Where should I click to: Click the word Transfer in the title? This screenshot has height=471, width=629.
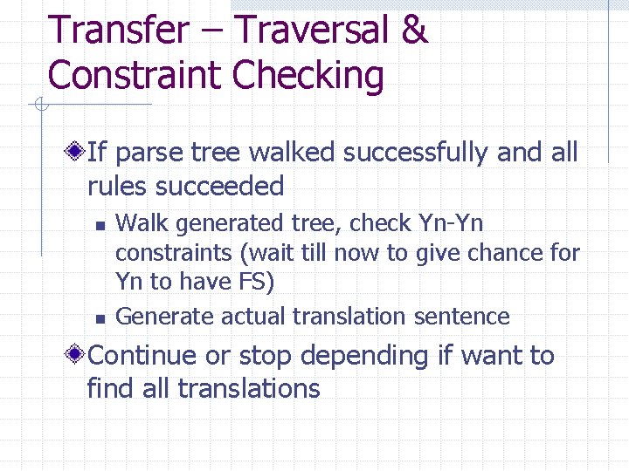117,31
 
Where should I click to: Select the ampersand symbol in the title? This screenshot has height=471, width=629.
414,31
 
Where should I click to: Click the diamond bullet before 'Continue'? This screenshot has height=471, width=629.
78,356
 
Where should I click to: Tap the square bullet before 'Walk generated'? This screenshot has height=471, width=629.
100,226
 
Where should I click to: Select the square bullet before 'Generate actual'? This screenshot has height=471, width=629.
100,317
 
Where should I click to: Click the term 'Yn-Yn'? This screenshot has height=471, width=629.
451,223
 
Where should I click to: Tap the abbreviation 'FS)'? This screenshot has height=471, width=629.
256,283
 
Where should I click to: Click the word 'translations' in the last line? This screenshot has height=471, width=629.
249,388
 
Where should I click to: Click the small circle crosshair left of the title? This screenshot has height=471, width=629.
40,106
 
